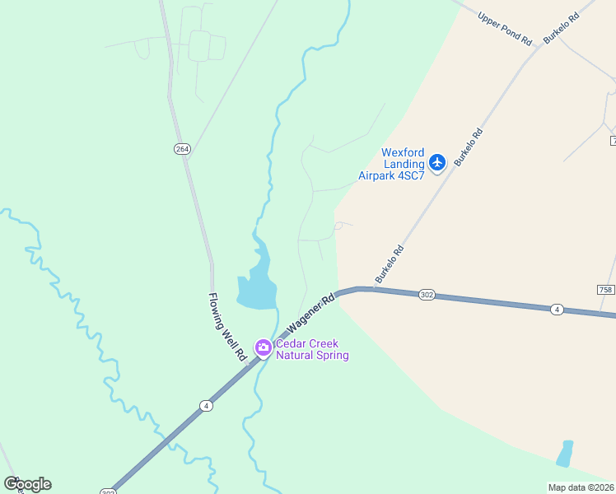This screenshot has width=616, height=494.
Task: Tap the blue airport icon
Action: (437, 162)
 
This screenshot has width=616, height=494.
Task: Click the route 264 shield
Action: (182, 148)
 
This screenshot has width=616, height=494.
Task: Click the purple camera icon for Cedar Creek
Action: (264, 347)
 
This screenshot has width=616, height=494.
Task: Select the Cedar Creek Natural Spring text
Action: (312, 350)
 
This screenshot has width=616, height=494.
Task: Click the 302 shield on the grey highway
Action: (426, 295)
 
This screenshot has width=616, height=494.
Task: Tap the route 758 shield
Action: (605, 290)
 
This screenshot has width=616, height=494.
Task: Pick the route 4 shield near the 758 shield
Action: (558, 309)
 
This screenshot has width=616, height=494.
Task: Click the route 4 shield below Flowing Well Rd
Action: (205, 405)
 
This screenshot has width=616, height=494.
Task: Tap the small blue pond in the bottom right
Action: (564, 454)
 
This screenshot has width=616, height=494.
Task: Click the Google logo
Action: (27, 484)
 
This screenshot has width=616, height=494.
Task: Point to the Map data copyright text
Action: (581, 487)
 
